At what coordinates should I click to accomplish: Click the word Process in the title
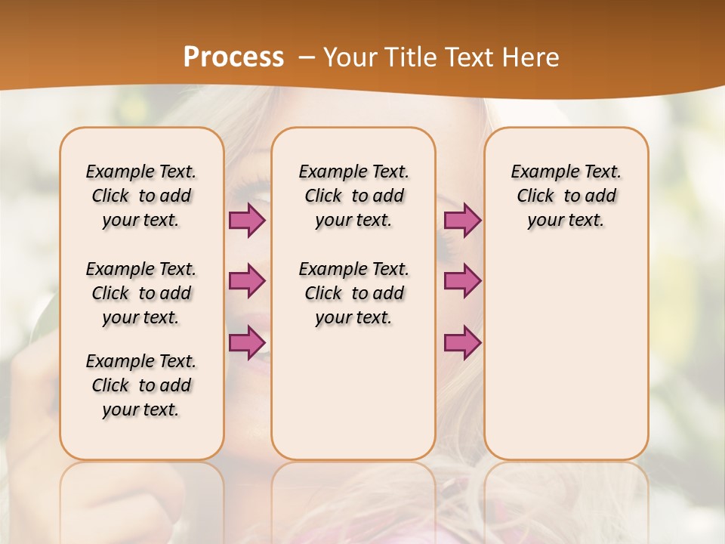coord(233,57)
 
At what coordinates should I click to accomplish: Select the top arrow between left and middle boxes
coord(247,221)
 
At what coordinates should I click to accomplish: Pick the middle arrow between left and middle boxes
coord(247,281)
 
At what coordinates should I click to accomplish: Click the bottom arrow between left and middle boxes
coord(247,342)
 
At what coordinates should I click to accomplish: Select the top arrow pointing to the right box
coord(462,221)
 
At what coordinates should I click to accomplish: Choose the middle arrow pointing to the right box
coord(462,281)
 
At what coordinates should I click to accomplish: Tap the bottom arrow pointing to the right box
coord(462,342)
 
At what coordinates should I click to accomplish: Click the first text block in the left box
coord(141,196)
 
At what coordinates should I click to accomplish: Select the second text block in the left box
coord(141,293)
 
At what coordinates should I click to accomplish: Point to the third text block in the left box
coord(141,385)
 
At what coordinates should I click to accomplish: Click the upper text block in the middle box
coord(353,196)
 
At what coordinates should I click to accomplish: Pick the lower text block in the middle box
coord(353,293)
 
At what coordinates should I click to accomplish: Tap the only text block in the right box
coord(566,196)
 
